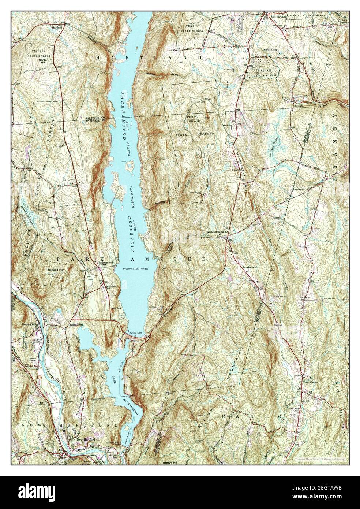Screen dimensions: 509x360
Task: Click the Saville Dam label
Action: click(135, 332)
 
